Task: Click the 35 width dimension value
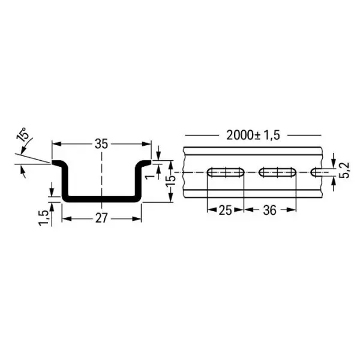(102, 144)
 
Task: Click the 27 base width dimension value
(102, 218)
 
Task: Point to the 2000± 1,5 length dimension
(253, 135)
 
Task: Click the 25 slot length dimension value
(225, 211)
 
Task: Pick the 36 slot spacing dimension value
(269, 211)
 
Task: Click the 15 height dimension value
(170, 179)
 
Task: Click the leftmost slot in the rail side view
(225, 173)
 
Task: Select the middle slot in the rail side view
(278, 173)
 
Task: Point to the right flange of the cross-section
(146, 163)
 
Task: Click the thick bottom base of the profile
(102, 199)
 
